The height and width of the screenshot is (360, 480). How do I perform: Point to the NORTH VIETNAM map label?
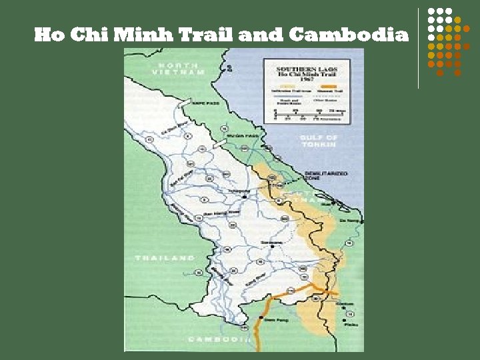click(178, 68)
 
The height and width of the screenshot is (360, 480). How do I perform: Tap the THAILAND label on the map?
click(165, 257)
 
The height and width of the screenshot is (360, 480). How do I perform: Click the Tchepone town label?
click(239, 191)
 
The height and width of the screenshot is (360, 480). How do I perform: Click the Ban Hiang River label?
click(225, 213)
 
